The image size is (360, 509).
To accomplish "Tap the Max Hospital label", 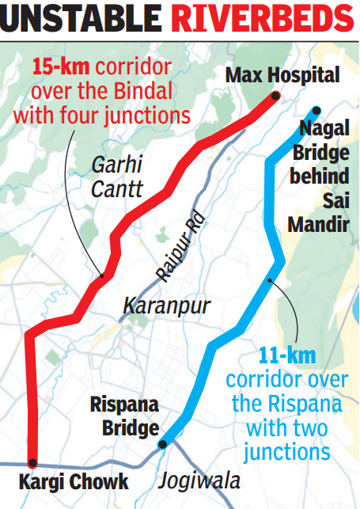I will (282, 76).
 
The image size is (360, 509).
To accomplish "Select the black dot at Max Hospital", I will (275, 97).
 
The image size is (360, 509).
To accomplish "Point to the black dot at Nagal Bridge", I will (316, 111).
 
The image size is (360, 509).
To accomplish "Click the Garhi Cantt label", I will (116, 177).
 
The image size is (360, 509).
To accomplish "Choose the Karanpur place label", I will (161, 305).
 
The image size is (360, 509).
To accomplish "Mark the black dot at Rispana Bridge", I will (162, 444).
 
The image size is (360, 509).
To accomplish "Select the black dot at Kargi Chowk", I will (32, 462).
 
